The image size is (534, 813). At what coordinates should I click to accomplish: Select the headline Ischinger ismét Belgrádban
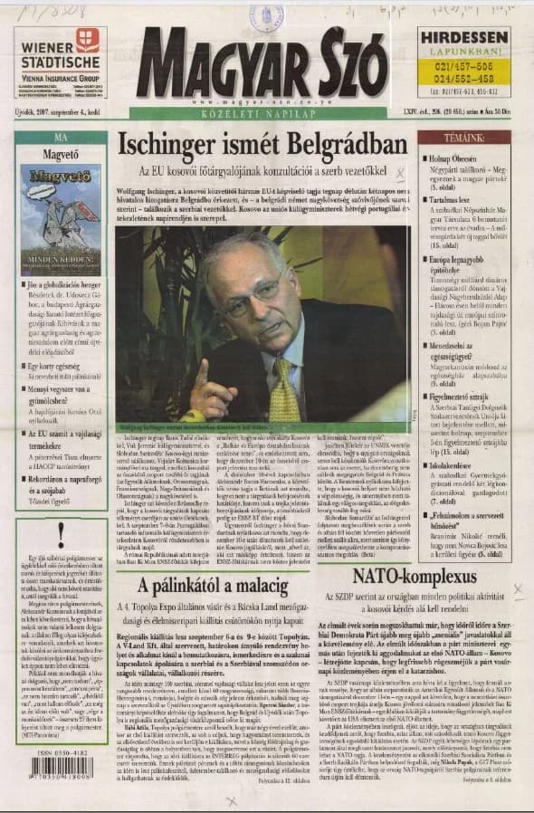click(262, 146)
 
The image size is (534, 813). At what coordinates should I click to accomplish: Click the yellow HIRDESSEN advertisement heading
click(462, 37)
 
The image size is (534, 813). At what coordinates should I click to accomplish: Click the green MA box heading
click(61, 138)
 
